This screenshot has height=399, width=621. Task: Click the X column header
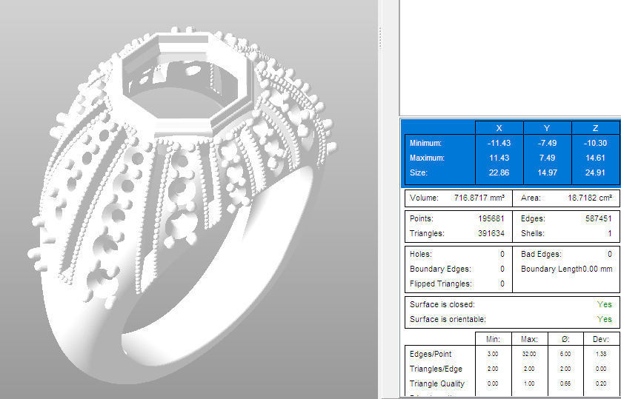click(499, 127)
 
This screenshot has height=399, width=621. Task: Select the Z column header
click(596, 127)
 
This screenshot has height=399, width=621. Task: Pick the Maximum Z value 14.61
click(596, 158)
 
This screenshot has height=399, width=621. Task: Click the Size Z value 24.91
click(596, 172)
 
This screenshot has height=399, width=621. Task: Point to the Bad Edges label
click(537, 254)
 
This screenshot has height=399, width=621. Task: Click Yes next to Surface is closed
click(604, 304)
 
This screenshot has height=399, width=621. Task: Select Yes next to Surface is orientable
click(604, 319)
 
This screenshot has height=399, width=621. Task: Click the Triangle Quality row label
click(437, 383)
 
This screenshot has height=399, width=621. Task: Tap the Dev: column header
click(596, 339)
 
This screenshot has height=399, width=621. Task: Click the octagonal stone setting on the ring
click(186, 85)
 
